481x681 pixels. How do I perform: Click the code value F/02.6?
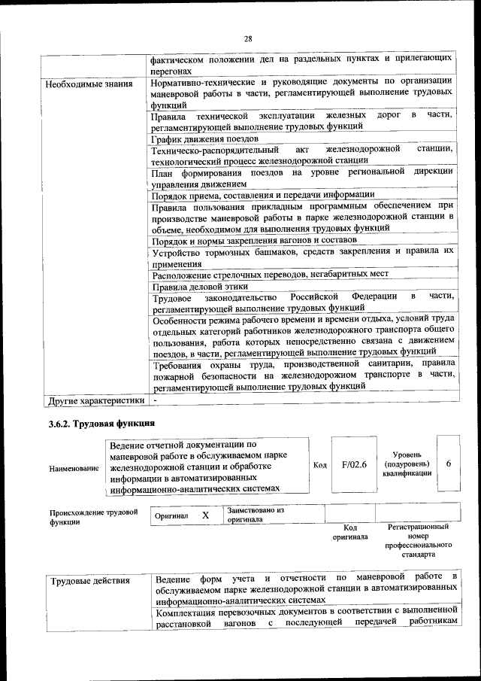(x=353, y=464)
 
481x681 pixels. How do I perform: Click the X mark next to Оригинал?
(x=205, y=516)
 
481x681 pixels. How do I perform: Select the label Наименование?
(x=74, y=468)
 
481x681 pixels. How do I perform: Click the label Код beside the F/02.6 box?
(x=319, y=464)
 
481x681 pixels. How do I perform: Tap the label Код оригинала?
(x=350, y=532)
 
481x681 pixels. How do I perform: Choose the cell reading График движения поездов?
(x=204, y=138)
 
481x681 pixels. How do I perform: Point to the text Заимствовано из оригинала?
(x=256, y=515)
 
